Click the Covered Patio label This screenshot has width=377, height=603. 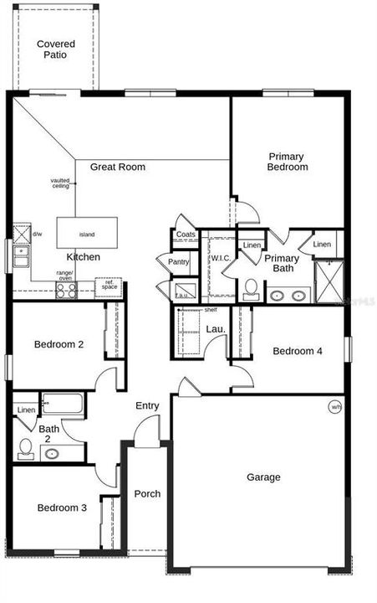pos(56,49)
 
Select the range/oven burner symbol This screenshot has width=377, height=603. pos(65,291)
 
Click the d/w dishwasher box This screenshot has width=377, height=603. pos(22,233)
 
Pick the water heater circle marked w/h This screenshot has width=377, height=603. pos(335,408)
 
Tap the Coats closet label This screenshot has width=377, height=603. pos(186,234)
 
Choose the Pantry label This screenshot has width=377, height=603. pos(179,262)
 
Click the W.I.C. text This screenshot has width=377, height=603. pos(221,257)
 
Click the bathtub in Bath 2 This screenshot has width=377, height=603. pos(63,406)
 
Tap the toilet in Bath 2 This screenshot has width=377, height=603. pos(25,451)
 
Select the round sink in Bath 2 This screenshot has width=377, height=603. pos(52,454)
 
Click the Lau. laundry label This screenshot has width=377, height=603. pos(216,330)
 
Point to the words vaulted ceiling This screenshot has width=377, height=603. pos(59,183)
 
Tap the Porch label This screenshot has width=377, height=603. pos(147,493)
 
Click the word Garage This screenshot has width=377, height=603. pos(263,477)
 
